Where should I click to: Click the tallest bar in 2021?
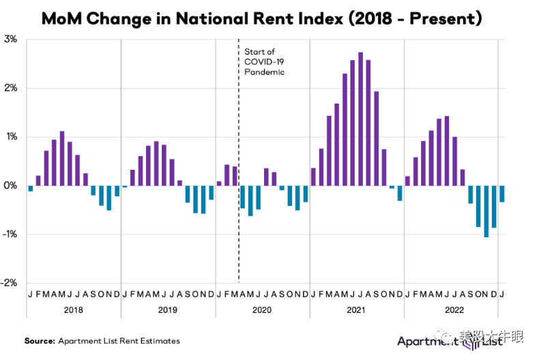tap(360, 119)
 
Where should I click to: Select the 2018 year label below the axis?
tap(73, 310)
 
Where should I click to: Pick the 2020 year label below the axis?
tap(262, 310)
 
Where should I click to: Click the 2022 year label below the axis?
tap(451, 310)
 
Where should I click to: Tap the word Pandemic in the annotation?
tap(265, 72)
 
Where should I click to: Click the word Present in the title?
tap(443, 19)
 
